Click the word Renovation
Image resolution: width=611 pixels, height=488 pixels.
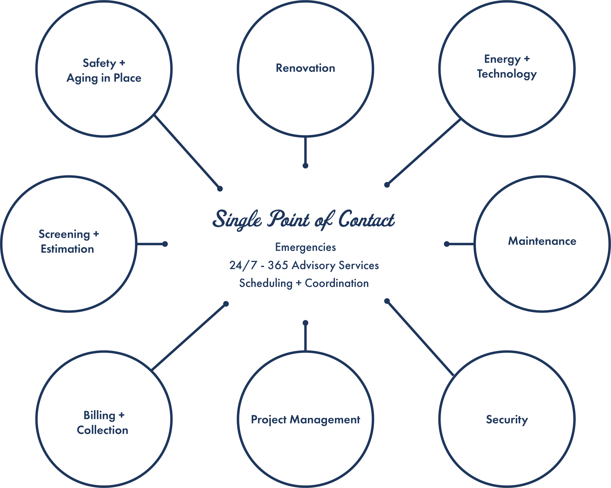[305, 68]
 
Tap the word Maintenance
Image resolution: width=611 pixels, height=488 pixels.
[542, 241]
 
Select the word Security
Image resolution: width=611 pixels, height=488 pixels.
[507, 419]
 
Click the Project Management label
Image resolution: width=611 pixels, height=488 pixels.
[305, 419]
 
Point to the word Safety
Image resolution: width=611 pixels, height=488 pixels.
[99, 63]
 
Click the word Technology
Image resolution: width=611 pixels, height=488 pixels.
[507, 74]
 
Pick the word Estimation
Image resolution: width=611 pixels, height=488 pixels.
[67, 249]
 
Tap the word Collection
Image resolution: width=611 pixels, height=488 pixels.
[102, 430]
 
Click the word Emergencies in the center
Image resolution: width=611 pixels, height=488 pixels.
[305, 247]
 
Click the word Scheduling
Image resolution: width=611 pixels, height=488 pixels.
[266, 283]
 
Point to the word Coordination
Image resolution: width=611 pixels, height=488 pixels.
[337, 283]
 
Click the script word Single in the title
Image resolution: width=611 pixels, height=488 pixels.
[237, 220]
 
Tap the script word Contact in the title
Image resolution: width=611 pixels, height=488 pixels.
[366, 220]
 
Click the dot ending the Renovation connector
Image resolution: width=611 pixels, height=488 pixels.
[305, 166]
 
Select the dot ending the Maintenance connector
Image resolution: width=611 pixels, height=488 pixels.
[447, 244]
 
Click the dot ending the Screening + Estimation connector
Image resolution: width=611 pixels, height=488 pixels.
[165, 244]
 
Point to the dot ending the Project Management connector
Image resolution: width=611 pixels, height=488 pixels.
[305, 323]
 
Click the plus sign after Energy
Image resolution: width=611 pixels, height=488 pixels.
[527, 59]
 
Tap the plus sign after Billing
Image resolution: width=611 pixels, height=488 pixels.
[121, 415]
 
